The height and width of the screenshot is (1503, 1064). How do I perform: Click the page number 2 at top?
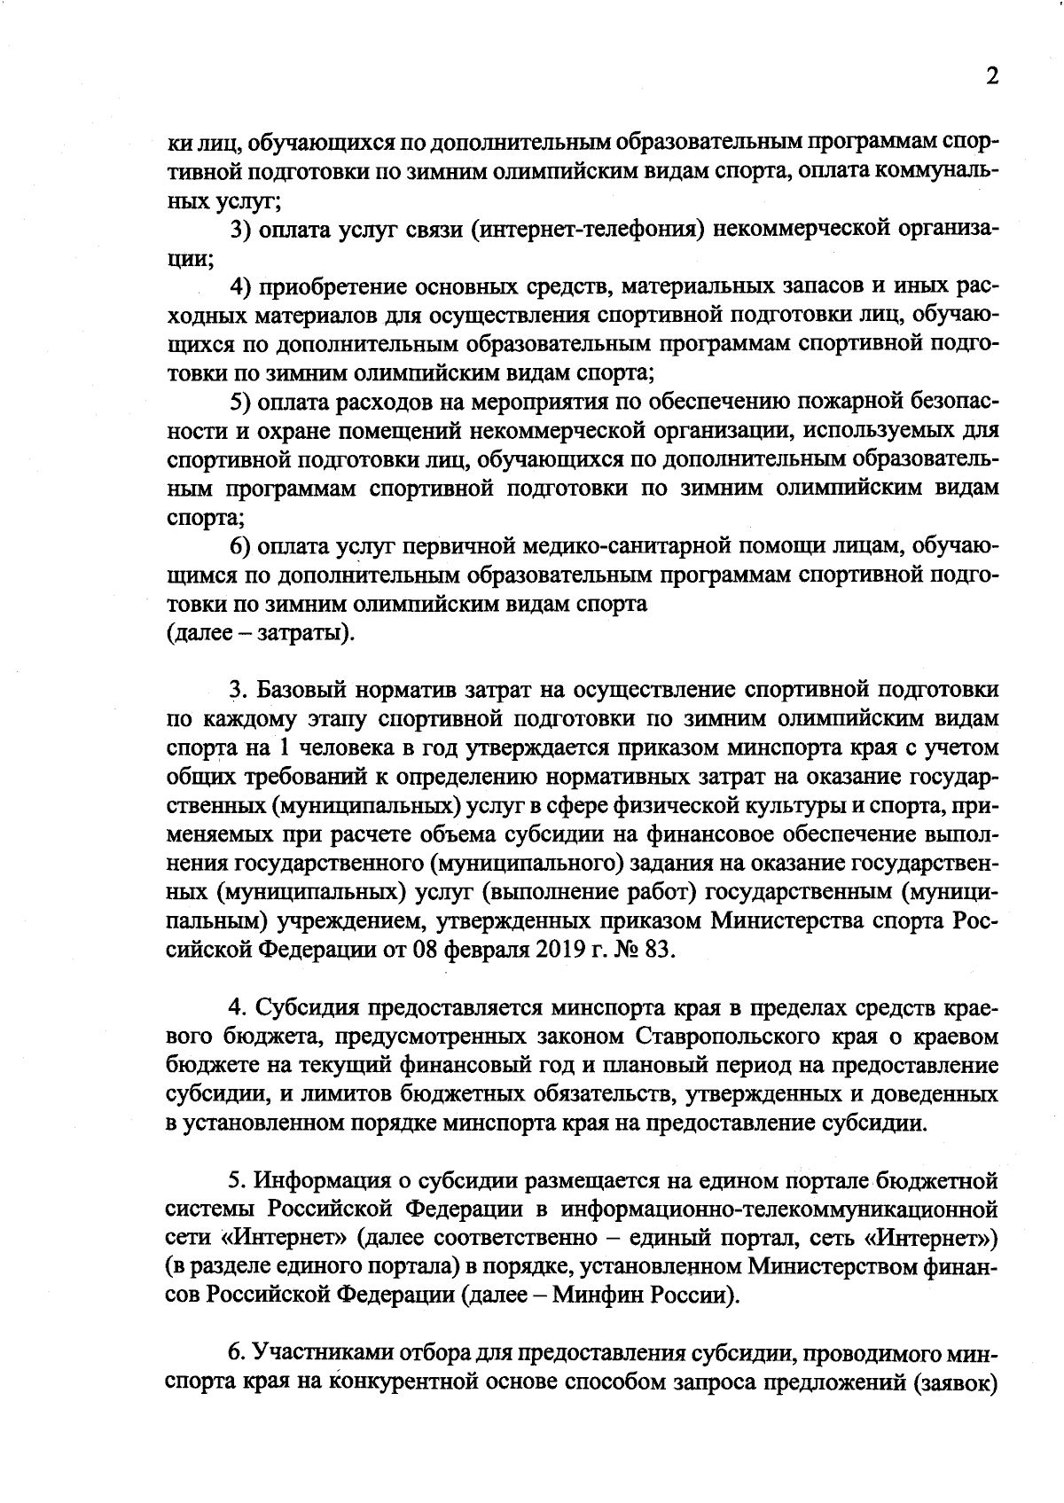point(991,76)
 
